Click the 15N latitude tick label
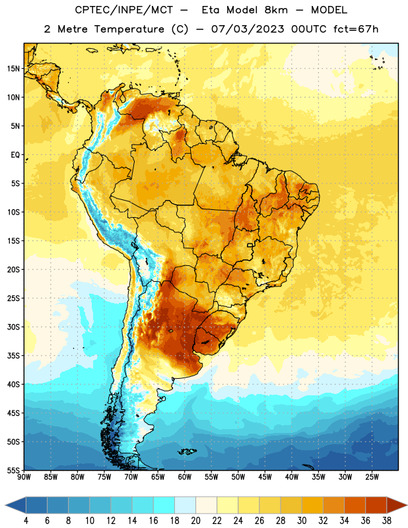tap(13, 69)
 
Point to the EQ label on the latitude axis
tap(15, 155)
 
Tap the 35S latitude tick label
tap(13, 356)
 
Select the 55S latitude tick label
tap(13, 470)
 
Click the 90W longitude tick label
tap(24, 477)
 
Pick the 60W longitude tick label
tap(185, 477)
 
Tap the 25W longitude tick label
tap(372, 477)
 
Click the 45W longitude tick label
tap(265, 477)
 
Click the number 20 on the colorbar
tap(195, 521)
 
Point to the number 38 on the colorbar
tap(386, 521)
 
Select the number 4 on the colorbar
tap(26, 521)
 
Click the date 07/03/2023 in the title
tap(248, 29)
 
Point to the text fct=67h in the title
tap(356, 29)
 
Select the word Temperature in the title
tap(129, 29)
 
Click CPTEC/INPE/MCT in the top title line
tap(123, 10)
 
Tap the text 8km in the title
tap(276, 10)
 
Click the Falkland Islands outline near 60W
tap(187, 451)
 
